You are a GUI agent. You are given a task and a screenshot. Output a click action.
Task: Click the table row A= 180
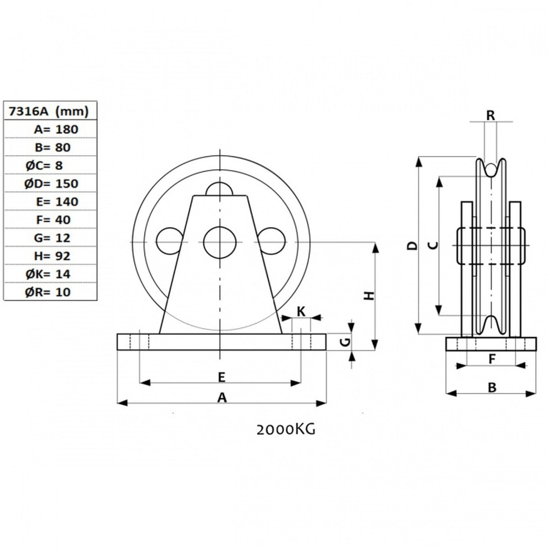click(x=50, y=129)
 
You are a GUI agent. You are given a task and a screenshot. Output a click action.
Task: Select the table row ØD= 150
click(x=50, y=183)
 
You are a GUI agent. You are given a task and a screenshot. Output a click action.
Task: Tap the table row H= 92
click(x=50, y=256)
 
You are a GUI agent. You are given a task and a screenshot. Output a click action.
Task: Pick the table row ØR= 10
click(x=50, y=292)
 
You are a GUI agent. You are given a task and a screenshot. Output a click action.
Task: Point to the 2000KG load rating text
click(x=286, y=430)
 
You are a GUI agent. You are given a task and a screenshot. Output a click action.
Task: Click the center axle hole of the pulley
click(x=220, y=242)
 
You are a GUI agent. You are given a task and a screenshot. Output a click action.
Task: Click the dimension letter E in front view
click(x=221, y=377)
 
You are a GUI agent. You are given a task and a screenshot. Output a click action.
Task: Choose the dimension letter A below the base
click(x=221, y=397)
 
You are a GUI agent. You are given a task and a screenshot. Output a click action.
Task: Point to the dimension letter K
click(x=301, y=311)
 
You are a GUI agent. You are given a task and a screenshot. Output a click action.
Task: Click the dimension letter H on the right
click(x=369, y=296)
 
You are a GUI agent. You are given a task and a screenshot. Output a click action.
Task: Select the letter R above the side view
click(x=491, y=115)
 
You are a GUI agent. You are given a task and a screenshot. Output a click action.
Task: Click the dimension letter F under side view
click(x=492, y=359)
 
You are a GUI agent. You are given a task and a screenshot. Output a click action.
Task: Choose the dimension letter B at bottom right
click(x=492, y=387)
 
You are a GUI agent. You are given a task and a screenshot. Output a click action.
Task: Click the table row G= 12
click(x=50, y=238)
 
